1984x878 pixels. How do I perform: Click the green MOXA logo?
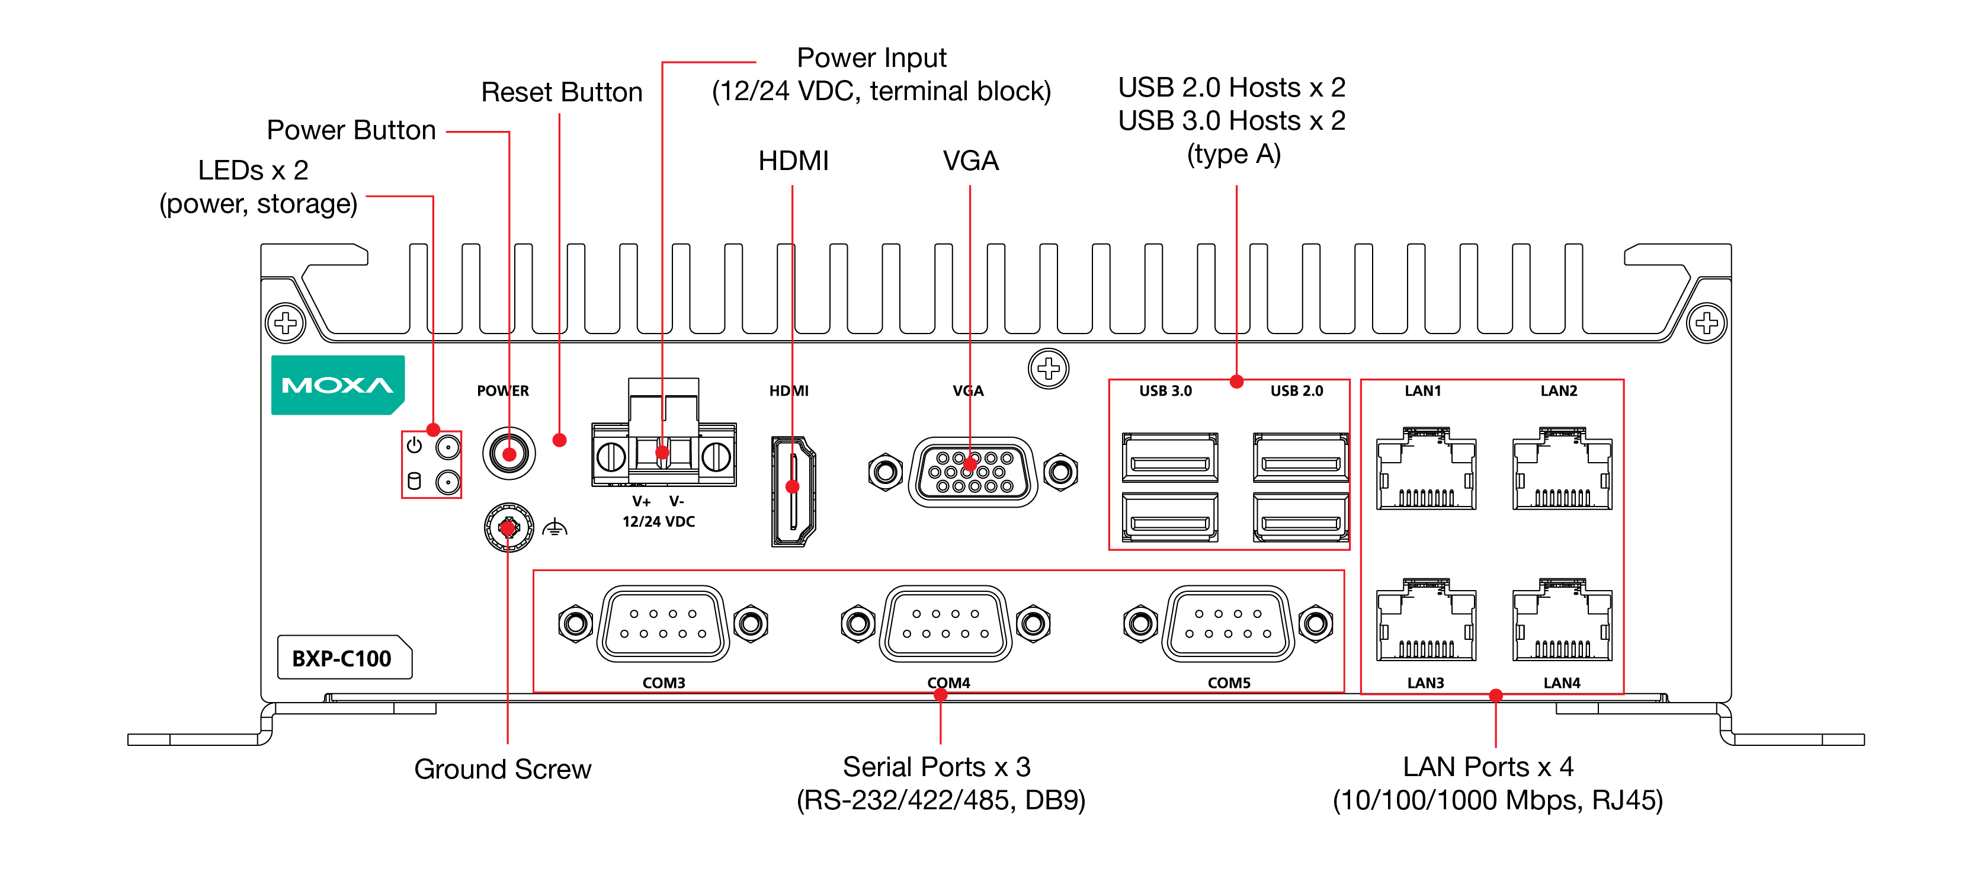(337, 385)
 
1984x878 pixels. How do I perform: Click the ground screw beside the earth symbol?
(508, 527)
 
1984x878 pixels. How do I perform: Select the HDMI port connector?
(793, 491)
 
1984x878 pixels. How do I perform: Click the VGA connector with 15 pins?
(972, 472)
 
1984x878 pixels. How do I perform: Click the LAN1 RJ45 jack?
(1425, 469)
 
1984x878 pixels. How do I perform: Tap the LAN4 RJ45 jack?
(1562, 620)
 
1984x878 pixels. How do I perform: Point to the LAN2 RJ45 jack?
(1562, 469)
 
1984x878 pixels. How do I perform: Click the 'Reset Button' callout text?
(562, 92)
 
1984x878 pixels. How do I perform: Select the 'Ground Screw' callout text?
(502, 768)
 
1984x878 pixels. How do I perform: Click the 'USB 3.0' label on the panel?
(1165, 391)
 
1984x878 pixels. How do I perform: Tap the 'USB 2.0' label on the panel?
(1296, 391)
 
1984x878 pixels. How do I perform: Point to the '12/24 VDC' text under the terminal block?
(659, 521)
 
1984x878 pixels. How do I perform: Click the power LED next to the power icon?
(447, 447)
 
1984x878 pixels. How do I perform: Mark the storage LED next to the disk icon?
(447, 483)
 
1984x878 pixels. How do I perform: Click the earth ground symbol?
(555, 528)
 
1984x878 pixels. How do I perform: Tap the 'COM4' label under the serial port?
(948, 682)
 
